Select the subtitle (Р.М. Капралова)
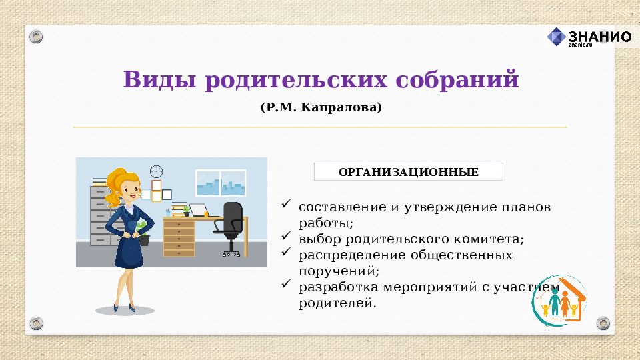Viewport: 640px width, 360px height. (321, 107)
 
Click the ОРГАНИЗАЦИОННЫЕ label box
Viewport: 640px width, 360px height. (408, 172)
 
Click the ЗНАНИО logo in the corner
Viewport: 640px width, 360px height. (589, 37)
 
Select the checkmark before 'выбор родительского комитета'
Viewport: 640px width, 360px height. (286, 235)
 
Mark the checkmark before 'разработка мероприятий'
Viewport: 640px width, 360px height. (286, 284)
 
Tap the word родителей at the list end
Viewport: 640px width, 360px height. (337, 304)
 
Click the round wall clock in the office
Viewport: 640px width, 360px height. (157, 171)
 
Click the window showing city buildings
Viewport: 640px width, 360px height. (221, 183)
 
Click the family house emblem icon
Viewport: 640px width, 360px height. (560, 301)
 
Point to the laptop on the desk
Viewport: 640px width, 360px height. (198, 210)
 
